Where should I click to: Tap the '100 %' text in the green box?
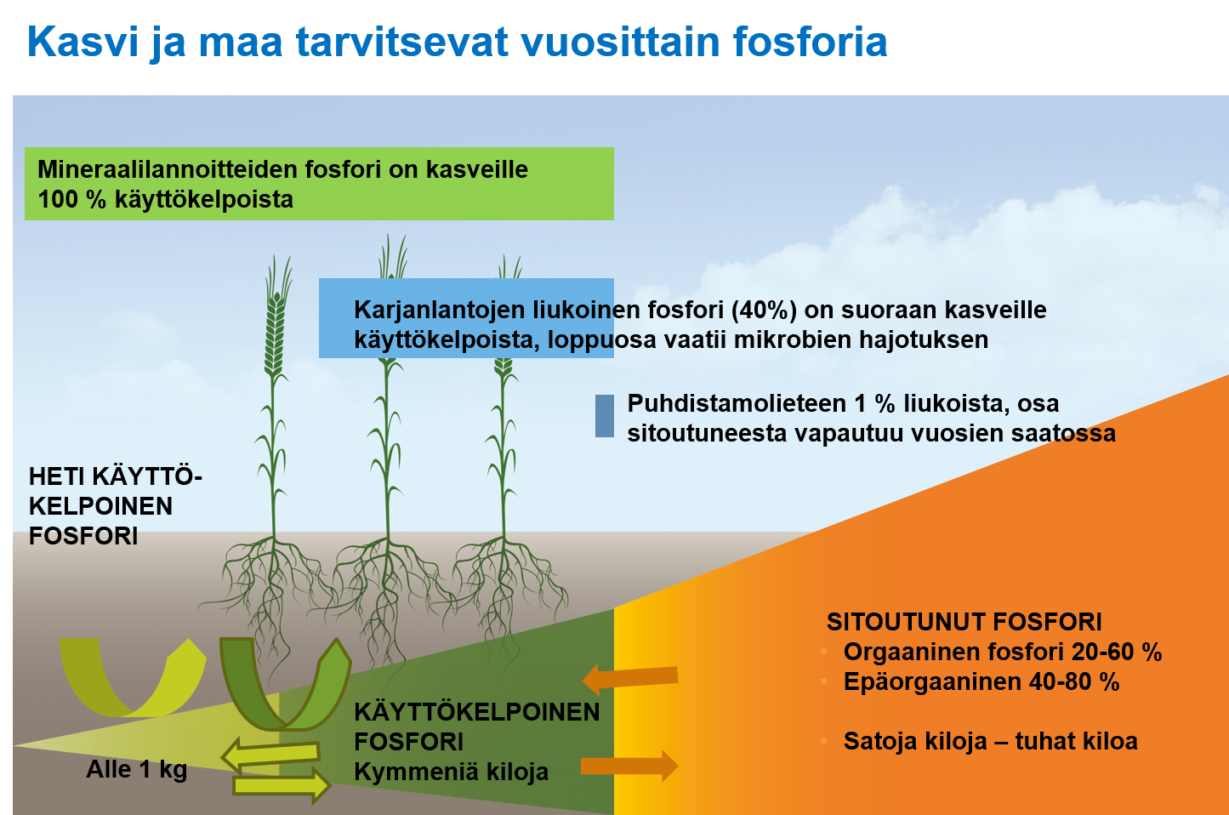tap(71, 200)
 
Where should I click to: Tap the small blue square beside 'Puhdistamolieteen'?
tap(605, 416)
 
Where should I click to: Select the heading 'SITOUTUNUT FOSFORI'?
tap(964, 622)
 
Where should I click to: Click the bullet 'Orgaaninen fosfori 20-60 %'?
tap(1002, 653)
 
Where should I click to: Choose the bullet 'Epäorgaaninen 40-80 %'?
tap(981, 682)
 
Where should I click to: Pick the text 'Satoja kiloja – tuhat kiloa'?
tap(990, 742)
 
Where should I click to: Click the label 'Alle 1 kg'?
tap(136, 770)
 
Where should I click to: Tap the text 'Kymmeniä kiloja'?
tap(451, 772)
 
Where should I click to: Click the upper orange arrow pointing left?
tap(630, 678)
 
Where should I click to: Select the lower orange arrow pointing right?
tap(629, 765)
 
